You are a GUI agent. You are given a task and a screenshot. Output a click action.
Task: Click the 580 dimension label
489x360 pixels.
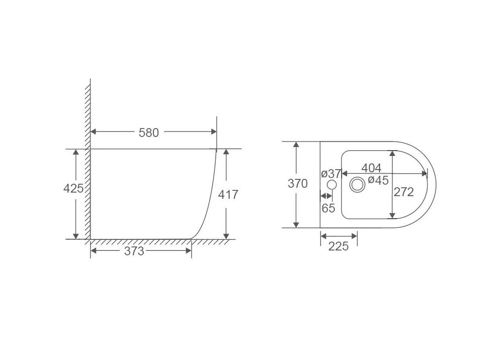click(x=149, y=133)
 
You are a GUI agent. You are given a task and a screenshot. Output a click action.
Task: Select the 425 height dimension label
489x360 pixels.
click(x=73, y=188)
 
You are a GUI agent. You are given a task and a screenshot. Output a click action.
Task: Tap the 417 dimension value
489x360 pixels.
click(x=228, y=194)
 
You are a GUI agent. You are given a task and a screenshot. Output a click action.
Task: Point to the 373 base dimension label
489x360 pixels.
click(x=134, y=251)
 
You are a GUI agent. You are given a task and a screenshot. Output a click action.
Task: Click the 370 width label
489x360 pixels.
click(x=298, y=184)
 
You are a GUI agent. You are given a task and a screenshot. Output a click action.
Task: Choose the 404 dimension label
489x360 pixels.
click(x=371, y=168)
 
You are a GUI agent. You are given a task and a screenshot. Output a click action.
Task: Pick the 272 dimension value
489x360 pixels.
click(x=404, y=192)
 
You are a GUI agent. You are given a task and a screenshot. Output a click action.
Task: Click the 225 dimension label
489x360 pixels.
click(x=338, y=246)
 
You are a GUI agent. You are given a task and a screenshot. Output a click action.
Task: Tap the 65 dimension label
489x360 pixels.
click(x=329, y=208)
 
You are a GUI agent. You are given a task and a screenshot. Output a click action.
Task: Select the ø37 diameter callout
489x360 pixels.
click(x=331, y=173)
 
